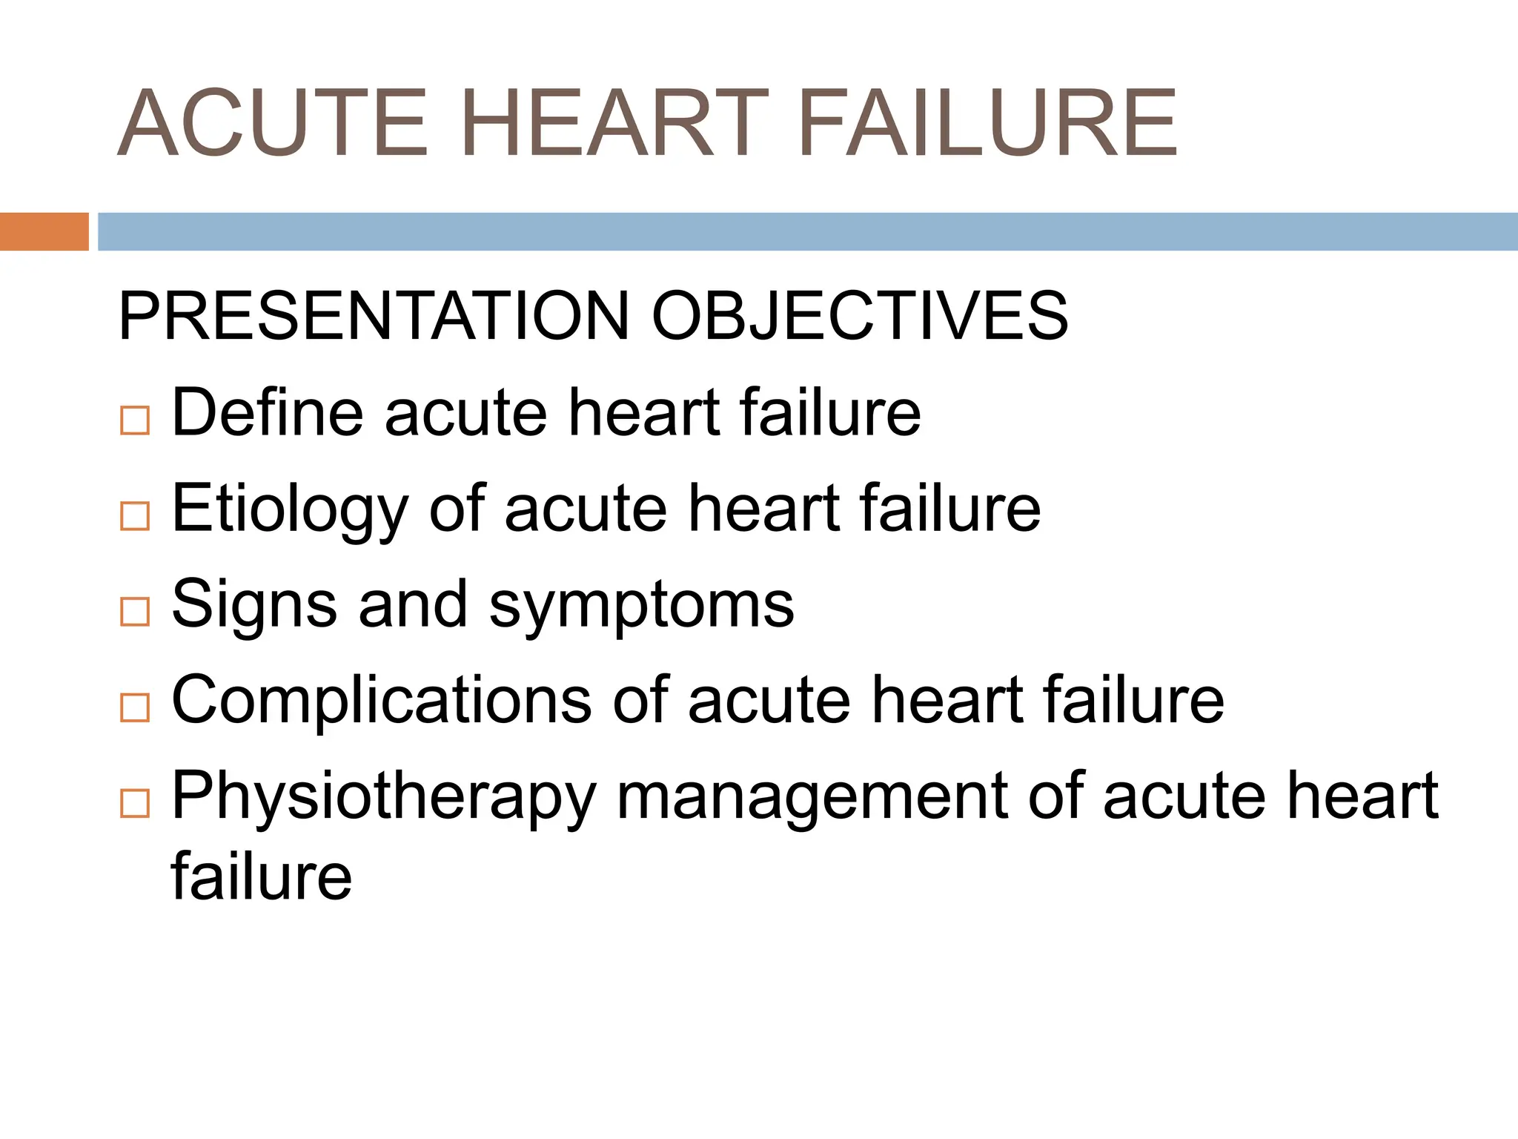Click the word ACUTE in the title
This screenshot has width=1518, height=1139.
click(x=273, y=123)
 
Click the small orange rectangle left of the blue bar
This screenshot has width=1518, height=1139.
click(x=44, y=231)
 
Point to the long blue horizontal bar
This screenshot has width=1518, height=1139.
click(x=807, y=231)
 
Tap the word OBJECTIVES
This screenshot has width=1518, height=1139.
click(x=860, y=317)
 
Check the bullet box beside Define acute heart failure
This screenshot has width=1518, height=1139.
click(x=135, y=420)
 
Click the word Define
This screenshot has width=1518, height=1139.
click(x=268, y=413)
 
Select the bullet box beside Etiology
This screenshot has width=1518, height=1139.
click(x=135, y=515)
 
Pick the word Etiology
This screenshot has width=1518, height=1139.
click(x=290, y=509)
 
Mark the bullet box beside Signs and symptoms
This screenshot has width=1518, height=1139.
click(x=135, y=612)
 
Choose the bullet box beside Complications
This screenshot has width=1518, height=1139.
click(x=135, y=707)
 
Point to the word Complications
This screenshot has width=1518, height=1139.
click(x=381, y=701)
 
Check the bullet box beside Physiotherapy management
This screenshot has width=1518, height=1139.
click(x=135, y=803)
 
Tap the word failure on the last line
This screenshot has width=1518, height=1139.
click(x=262, y=876)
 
